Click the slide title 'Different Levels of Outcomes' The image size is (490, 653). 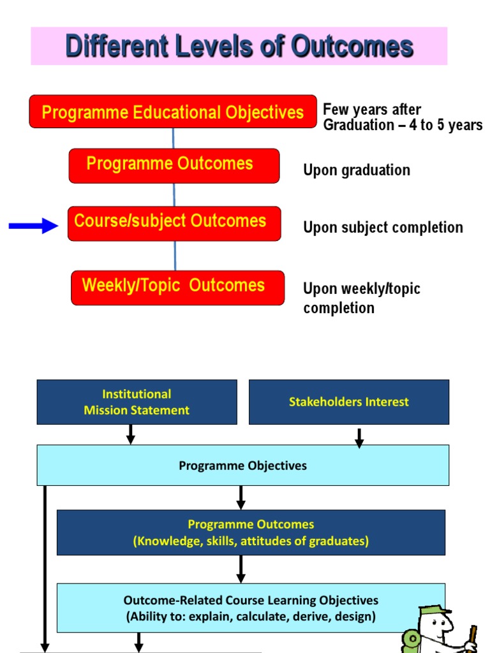click(239, 46)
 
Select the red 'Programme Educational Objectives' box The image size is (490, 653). click(172, 112)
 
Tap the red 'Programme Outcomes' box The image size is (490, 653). click(174, 165)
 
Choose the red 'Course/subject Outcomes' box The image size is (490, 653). click(174, 223)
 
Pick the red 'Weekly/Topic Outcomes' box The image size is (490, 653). click(177, 287)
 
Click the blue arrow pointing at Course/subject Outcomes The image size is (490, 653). click(33, 224)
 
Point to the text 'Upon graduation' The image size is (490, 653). click(357, 170)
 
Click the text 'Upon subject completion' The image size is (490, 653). click(383, 228)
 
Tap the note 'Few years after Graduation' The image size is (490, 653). click(402, 117)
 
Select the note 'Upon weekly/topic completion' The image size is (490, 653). click(362, 298)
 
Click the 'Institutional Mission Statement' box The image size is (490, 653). click(137, 402)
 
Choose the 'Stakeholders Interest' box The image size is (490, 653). click(348, 402)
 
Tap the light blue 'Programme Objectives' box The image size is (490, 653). click(242, 466)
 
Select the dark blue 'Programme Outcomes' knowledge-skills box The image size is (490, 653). click(251, 532)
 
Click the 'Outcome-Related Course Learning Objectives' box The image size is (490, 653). click(251, 608)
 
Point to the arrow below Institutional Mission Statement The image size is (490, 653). click(131, 434)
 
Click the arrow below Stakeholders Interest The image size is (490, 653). click(359, 437)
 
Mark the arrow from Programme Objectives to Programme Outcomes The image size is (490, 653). click(241, 497)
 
